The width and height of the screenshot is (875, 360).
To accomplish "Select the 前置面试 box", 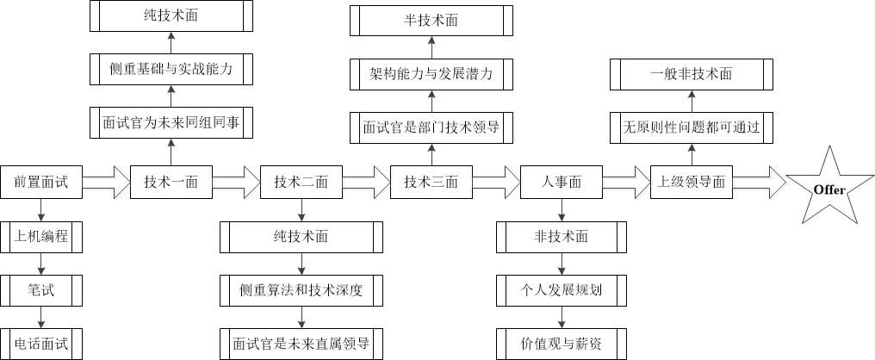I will click(40, 182).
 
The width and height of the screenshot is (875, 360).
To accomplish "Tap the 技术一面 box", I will click(171, 182).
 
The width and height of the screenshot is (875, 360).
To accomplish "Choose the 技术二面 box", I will click(301, 182).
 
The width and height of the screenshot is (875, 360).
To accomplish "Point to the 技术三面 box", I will click(431, 182).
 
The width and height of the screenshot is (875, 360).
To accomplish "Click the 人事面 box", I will click(562, 182).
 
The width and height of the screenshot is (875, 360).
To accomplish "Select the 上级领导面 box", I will click(691, 182).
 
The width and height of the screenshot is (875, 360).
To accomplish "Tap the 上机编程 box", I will click(40, 237).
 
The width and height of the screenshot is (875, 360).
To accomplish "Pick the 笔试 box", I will click(40, 290).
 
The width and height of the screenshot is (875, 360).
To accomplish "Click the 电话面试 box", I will click(40, 344).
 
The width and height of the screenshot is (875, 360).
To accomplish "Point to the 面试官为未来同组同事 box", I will click(171, 123).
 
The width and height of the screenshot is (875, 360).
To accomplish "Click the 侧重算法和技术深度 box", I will click(301, 290).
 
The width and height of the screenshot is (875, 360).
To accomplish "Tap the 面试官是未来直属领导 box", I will click(301, 344).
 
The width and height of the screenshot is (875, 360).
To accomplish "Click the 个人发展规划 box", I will click(562, 290).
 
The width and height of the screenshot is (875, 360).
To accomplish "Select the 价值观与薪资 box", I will click(562, 344).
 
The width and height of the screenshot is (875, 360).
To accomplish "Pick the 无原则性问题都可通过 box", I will click(691, 127).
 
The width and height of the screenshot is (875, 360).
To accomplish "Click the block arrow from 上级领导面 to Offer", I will click(758, 182).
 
